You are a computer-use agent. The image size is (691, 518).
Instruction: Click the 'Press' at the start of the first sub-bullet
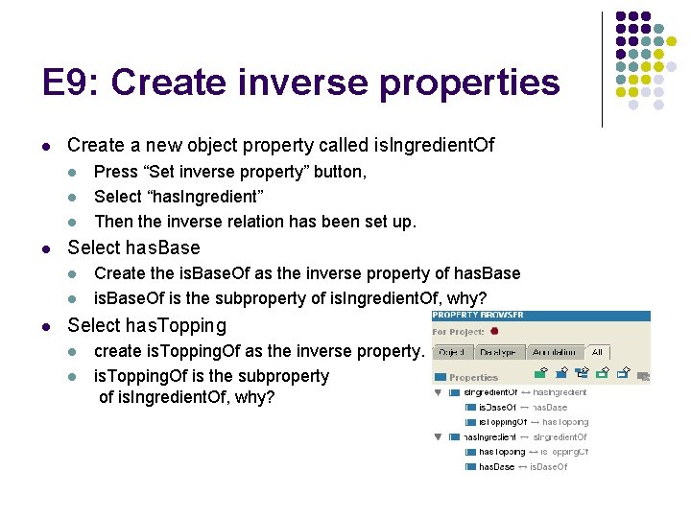[x=115, y=172]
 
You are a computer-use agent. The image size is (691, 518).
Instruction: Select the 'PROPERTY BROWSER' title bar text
[x=479, y=316]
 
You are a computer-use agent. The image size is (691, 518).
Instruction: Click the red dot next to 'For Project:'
[x=494, y=332]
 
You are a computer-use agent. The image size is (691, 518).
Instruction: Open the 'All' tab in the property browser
[x=597, y=353]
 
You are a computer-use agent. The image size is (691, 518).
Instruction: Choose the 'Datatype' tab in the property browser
[x=499, y=353]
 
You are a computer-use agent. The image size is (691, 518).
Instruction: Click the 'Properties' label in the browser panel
[x=473, y=378]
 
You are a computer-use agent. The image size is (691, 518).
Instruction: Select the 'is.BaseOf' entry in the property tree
[x=496, y=408]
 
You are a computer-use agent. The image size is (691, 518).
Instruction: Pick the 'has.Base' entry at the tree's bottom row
[x=496, y=467]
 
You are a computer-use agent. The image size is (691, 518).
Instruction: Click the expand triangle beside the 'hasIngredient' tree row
[x=439, y=437]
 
